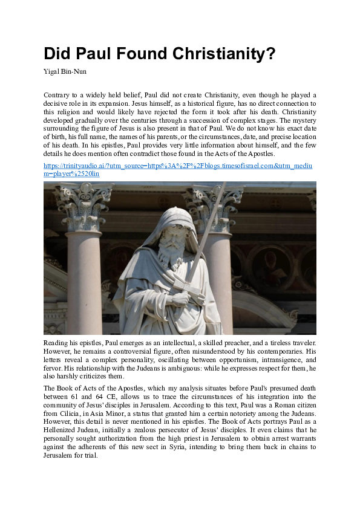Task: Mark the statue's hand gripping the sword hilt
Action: [181, 298]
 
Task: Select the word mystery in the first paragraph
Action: [303, 120]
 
